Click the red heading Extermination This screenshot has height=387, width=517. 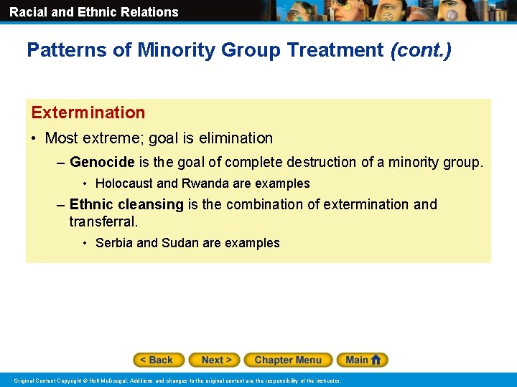(88, 113)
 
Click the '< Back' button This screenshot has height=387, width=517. (158, 360)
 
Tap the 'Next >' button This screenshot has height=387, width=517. (215, 360)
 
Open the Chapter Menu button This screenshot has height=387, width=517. (287, 360)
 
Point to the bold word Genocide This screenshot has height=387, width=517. (102, 162)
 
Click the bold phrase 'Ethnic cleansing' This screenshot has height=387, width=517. (126, 204)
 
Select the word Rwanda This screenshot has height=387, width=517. (203, 183)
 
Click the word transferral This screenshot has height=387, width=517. (103, 221)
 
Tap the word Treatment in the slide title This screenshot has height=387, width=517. (335, 50)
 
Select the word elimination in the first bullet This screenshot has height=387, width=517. (236, 138)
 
